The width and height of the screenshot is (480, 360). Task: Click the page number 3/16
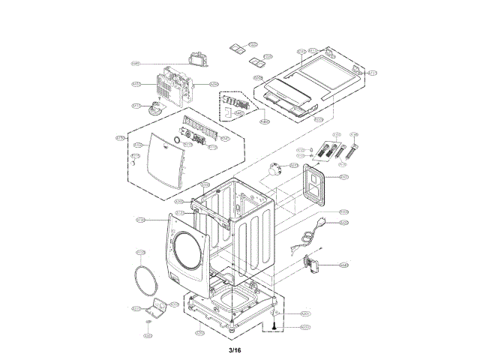[x=235, y=349]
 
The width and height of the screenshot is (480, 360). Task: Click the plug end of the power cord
[x=323, y=221]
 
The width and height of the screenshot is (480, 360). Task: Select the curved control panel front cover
[x=159, y=160]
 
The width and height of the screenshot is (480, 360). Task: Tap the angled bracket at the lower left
[x=158, y=307]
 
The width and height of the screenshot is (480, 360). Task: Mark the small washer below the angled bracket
[x=148, y=321]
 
